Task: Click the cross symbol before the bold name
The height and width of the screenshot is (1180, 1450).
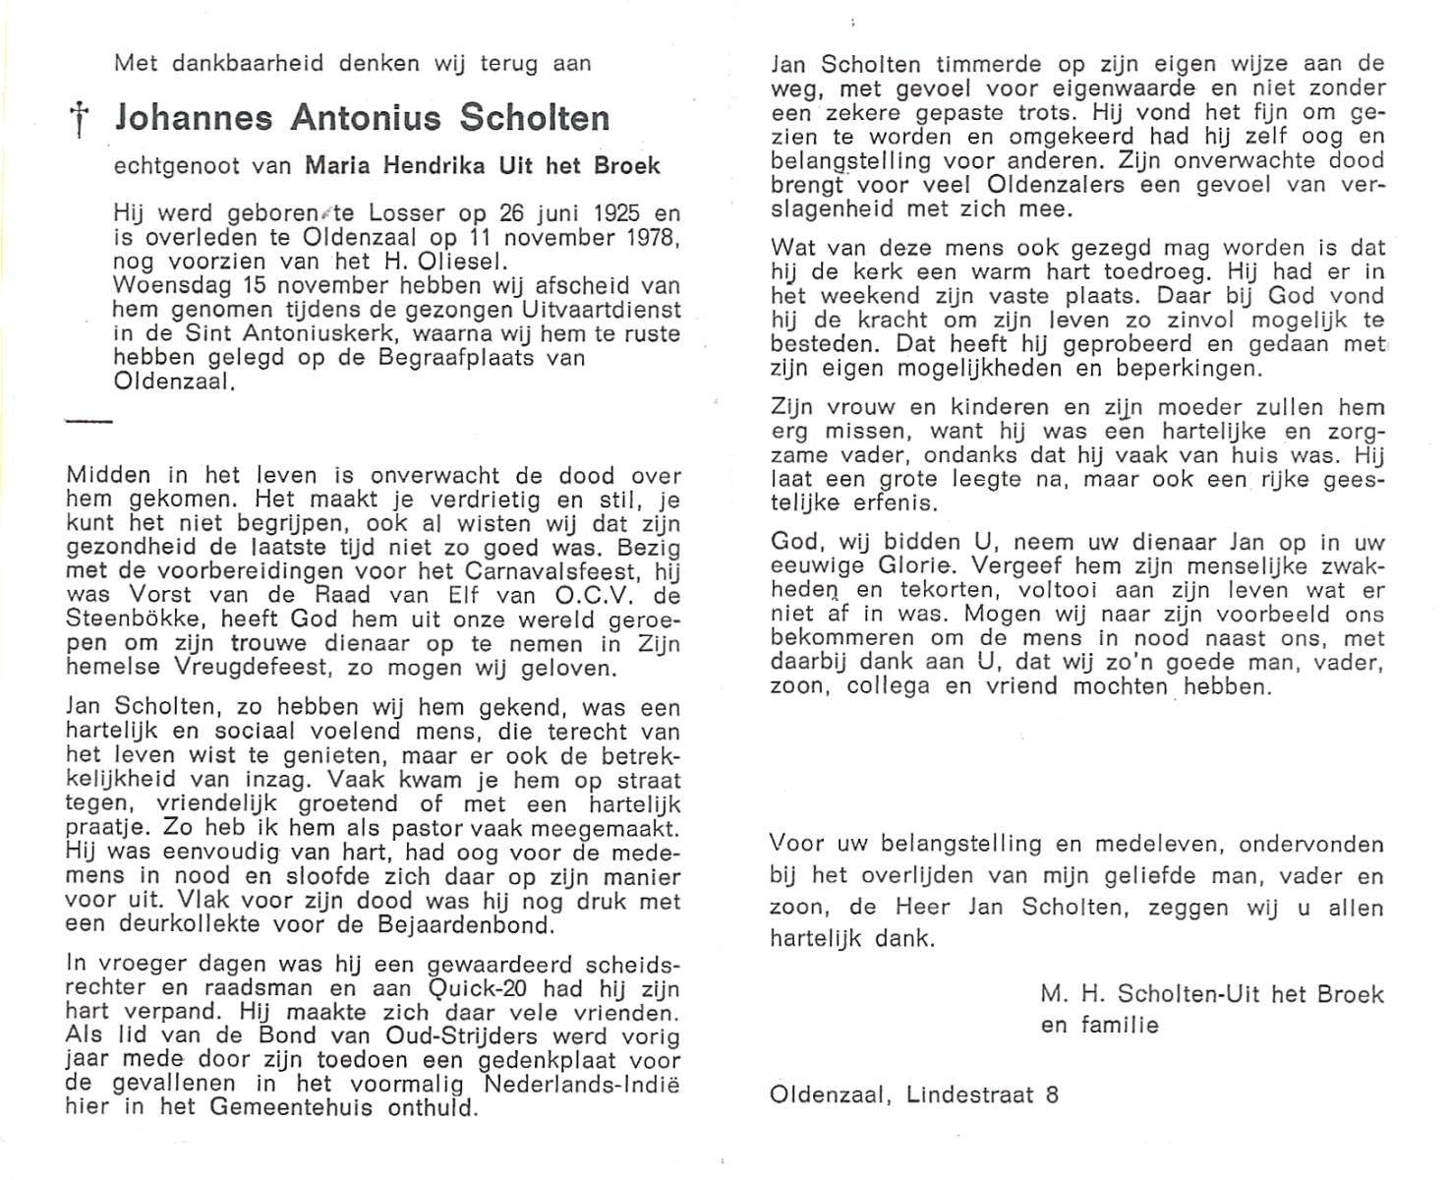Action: click(x=77, y=121)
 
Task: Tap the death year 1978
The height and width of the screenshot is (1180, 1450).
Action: click(x=649, y=238)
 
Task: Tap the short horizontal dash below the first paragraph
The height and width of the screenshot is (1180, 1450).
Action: click(x=88, y=421)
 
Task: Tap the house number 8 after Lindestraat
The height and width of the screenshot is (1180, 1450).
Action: click(x=1052, y=1093)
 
